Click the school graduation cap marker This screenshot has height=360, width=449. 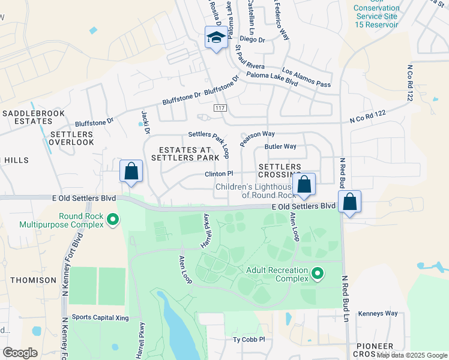[x=215, y=38]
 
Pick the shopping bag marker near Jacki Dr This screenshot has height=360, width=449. [x=131, y=172]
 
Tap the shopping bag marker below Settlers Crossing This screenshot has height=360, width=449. [x=304, y=185]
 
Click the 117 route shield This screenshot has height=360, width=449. [x=220, y=106]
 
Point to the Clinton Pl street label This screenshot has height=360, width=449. [x=218, y=173]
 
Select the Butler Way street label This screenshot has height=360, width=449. [x=280, y=146]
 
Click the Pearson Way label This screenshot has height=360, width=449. [x=257, y=138]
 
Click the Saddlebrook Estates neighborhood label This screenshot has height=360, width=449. [x=29, y=117]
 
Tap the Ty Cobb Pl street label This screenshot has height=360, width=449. [x=249, y=340]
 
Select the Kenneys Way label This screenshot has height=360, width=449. [x=378, y=313]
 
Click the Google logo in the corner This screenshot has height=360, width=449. [x=20, y=353]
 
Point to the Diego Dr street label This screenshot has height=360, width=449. [x=253, y=40]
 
